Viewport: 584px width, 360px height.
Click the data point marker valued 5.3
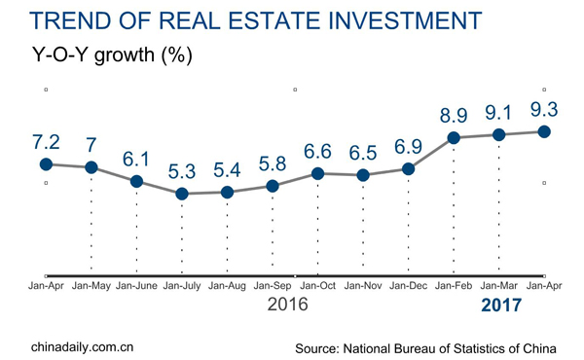pyautogui.click(x=182, y=194)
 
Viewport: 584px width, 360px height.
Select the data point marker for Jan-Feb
pyautogui.click(x=454, y=138)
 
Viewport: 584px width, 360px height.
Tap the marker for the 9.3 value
pyautogui.click(x=545, y=131)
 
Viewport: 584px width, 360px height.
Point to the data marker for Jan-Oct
pyautogui.click(x=317, y=173)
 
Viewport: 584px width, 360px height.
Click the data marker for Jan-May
pyautogui.click(x=91, y=167)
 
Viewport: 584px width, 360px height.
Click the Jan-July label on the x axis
pyautogui.click(x=182, y=286)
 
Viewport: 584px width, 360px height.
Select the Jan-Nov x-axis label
pyautogui.click(x=363, y=286)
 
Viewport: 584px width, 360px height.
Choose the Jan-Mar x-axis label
pyautogui.click(x=499, y=286)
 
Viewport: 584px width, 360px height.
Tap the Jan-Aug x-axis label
pyautogui.click(x=227, y=286)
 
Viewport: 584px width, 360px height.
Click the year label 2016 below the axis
pyautogui.click(x=287, y=305)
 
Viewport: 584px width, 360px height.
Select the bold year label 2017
pyautogui.click(x=500, y=306)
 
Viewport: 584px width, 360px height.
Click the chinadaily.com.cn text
pyautogui.click(x=83, y=346)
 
